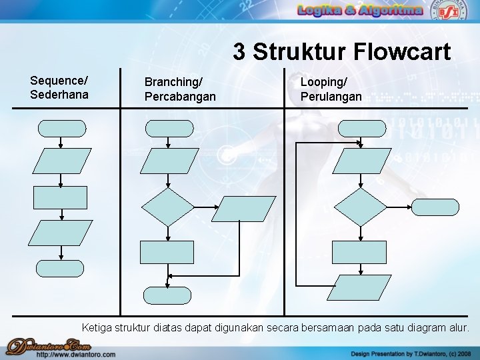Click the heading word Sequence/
point(59,81)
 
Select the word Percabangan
point(180,97)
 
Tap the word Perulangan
point(331,97)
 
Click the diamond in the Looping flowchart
point(360,207)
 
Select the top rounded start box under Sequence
point(61,128)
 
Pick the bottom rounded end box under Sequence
point(60,269)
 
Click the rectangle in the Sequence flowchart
point(60,197)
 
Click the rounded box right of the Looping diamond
point(435,207)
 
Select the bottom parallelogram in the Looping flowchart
point(359,287)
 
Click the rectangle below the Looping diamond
point(359,251)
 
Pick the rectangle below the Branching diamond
point(167,252)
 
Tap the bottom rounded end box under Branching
point(167,295)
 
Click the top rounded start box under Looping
point(362,128)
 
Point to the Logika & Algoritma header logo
point(360,10)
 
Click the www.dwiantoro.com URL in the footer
point(75,354)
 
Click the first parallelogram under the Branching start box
point(169,161)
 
